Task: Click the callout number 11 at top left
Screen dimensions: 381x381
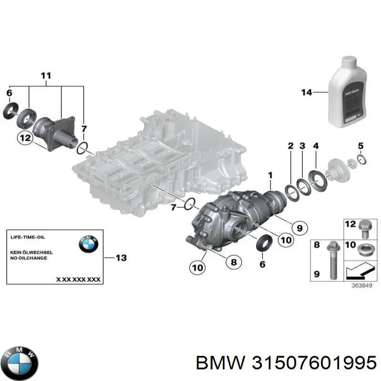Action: [x=46, y=75]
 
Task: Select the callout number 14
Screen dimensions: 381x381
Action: [x=306, y=92]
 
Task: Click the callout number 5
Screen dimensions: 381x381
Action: [x=361, y=146]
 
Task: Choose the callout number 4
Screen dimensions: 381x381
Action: [x=315, y=146]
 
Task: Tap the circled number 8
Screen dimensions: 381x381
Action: [x=233, y=261]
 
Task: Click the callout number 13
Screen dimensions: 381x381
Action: [x=121, y=258]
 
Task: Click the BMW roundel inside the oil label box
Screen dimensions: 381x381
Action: [x=88, y=244]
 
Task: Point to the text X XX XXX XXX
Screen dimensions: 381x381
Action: [x=78, y=280]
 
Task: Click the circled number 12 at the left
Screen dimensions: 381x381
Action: [x=25, y=139]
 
